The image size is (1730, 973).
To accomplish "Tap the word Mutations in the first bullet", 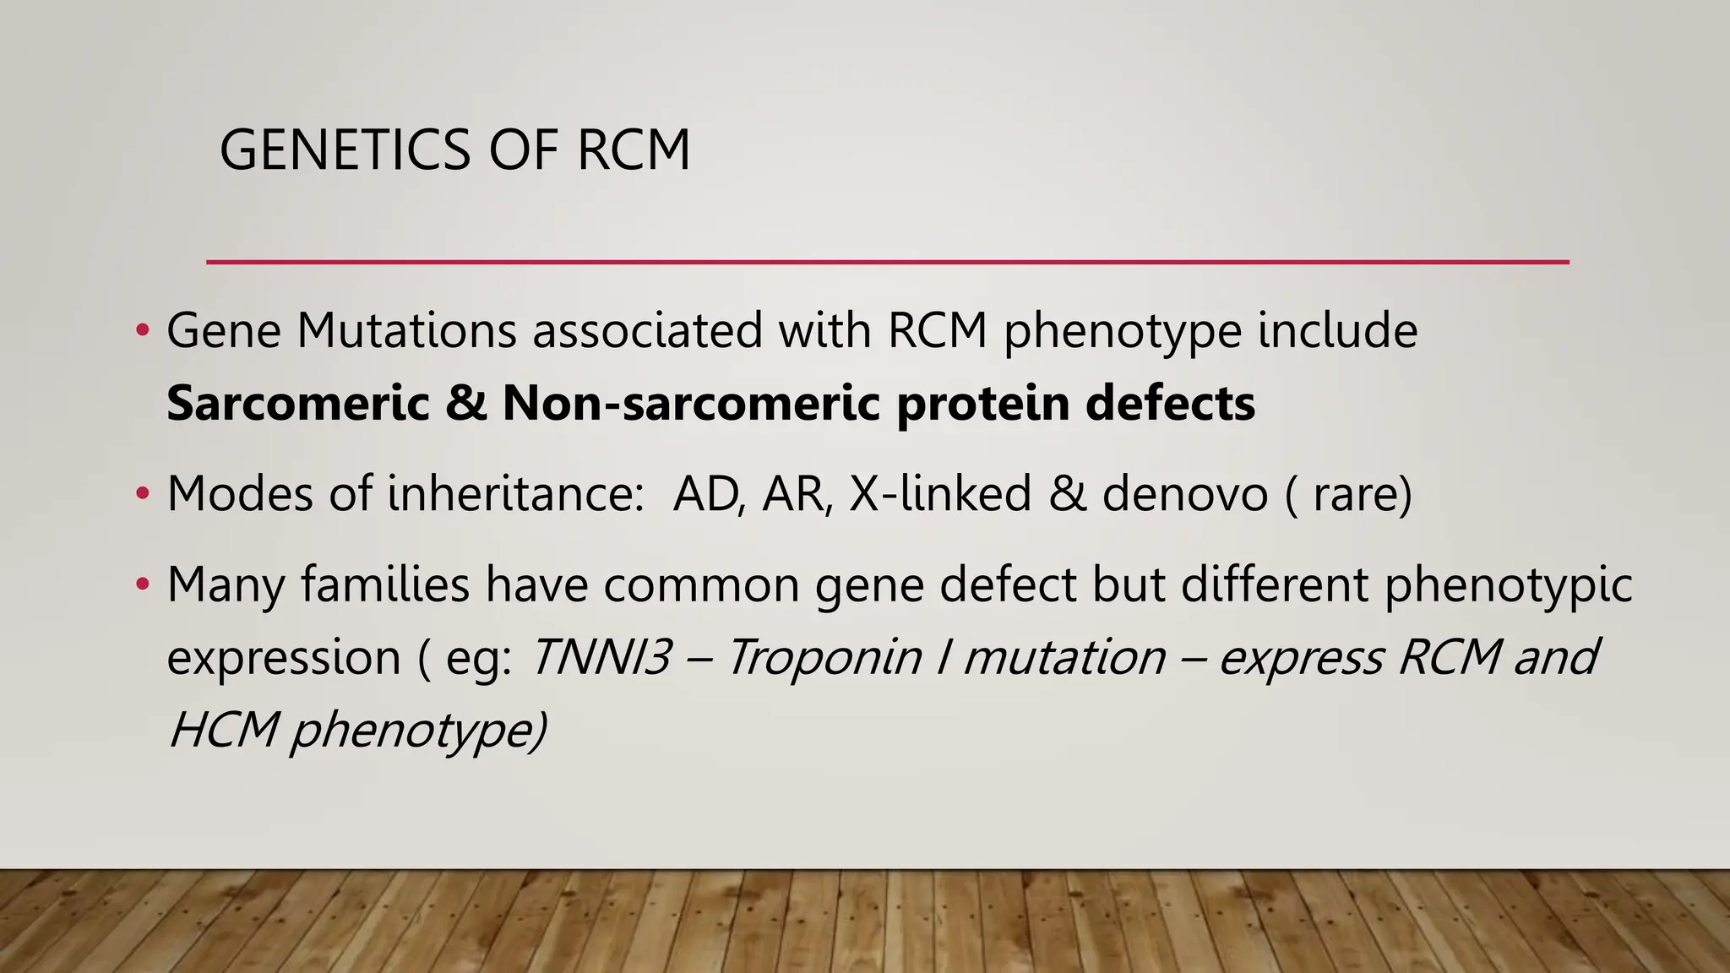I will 405,330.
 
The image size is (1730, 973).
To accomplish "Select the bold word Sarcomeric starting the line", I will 298,403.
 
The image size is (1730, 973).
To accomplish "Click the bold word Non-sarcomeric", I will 692,403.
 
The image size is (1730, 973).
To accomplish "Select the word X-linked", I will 940,493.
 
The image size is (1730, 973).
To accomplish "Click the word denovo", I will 1184,493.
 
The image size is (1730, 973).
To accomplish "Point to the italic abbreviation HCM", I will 223,730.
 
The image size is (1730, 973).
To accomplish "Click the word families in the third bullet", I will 385,584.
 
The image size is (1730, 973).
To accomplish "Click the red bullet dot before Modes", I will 143,493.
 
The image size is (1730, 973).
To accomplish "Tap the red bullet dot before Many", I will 143,584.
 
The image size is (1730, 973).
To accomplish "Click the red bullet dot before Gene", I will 143,330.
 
